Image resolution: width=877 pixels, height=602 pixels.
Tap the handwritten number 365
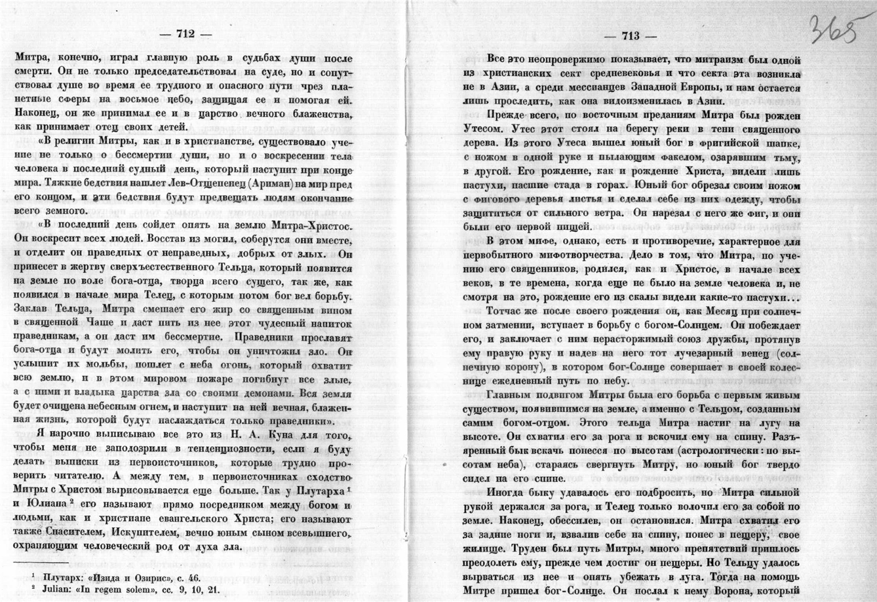click(834, 29)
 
